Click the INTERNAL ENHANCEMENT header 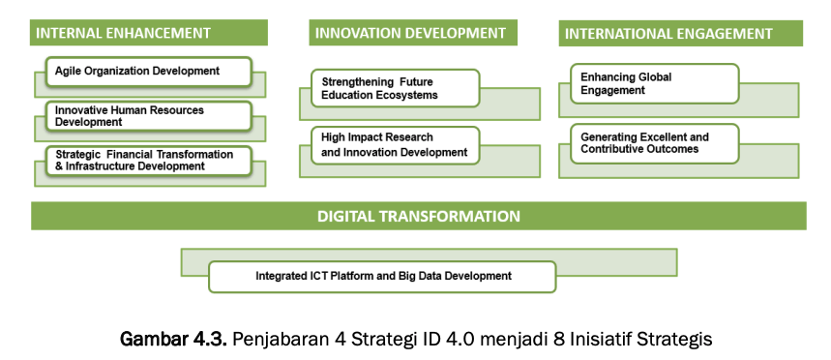[x=148, y=33]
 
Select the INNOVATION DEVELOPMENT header [x=413, y=33]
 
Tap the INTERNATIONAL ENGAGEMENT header [x=680, y=34]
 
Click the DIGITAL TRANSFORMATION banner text [x=419, y=217]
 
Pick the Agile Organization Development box [x=148, y=72]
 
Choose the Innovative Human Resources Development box [x=148, y=116]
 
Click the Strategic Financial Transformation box [x=148, y=161]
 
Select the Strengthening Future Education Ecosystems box [x=396, y=88]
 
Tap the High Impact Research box [x=396, y=145]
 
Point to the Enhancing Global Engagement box [x=655, y=84]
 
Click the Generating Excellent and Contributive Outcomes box [x=655, y=143]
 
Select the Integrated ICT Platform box [x=382, y=277]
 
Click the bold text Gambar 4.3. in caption [x=174, y=339]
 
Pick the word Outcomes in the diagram [x=668, y=149]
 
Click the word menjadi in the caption [x=513, y=339]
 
